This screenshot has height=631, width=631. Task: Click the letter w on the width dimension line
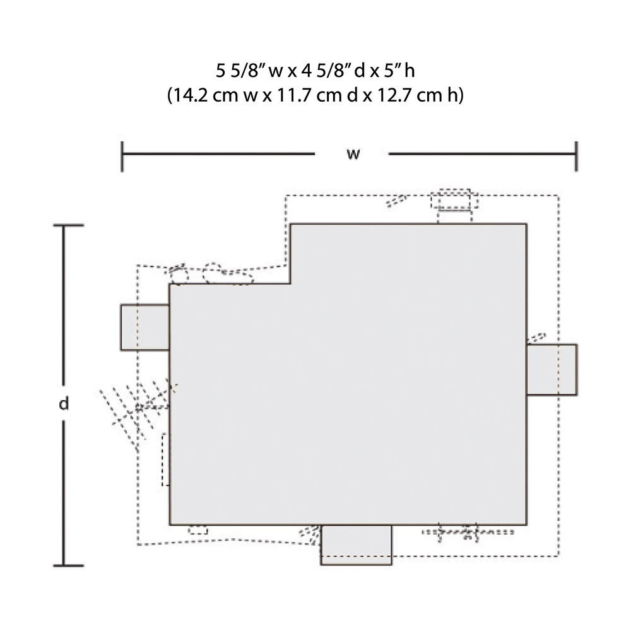[353, 154]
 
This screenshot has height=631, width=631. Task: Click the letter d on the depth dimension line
[64, 403]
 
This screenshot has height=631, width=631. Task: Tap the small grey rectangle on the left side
[145, 327]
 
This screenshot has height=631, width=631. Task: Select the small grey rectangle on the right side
[551, 369]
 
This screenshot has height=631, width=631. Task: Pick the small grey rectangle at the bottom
[356, 545]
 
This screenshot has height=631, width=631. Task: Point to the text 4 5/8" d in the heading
[333, 71]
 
